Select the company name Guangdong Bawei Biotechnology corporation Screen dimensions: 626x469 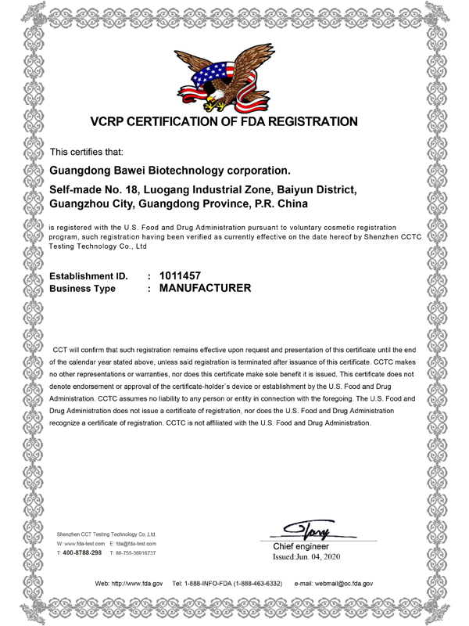pyautogui.click(x=170, y=169)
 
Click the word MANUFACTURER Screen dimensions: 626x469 pyautogui.click(x=205, y=289)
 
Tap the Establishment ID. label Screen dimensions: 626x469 pyautogui.click(x=88, y=275)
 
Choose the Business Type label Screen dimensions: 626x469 pyautogui.click(x=83, y=290)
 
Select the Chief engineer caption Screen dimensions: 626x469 pyautogui.click(x=300, y=546)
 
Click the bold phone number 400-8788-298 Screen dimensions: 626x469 pyautogui.click(x=82, y=552)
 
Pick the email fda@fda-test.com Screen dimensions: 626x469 pyautogui.click(x=138, y=543)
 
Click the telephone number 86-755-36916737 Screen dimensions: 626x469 pyautogui.click(x=138, y=553)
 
